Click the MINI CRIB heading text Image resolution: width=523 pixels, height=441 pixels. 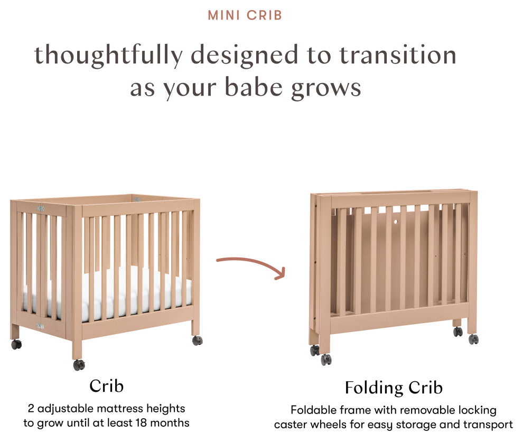(245, 15)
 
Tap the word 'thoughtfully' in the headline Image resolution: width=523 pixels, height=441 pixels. (109, 56)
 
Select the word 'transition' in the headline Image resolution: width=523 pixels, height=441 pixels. (397, 55)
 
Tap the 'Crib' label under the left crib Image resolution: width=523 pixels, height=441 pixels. (106, 385)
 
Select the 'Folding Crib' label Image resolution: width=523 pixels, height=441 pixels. (394, 388)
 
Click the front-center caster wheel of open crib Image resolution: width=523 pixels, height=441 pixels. (79, 364)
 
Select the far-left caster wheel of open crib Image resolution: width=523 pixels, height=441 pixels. (16, 344)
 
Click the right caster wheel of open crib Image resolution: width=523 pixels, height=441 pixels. (197, 341)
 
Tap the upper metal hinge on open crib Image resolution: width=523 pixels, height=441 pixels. (41, 209)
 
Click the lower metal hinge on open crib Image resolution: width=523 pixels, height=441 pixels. (40, 326)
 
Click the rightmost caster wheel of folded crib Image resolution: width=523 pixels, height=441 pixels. (473, 339)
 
